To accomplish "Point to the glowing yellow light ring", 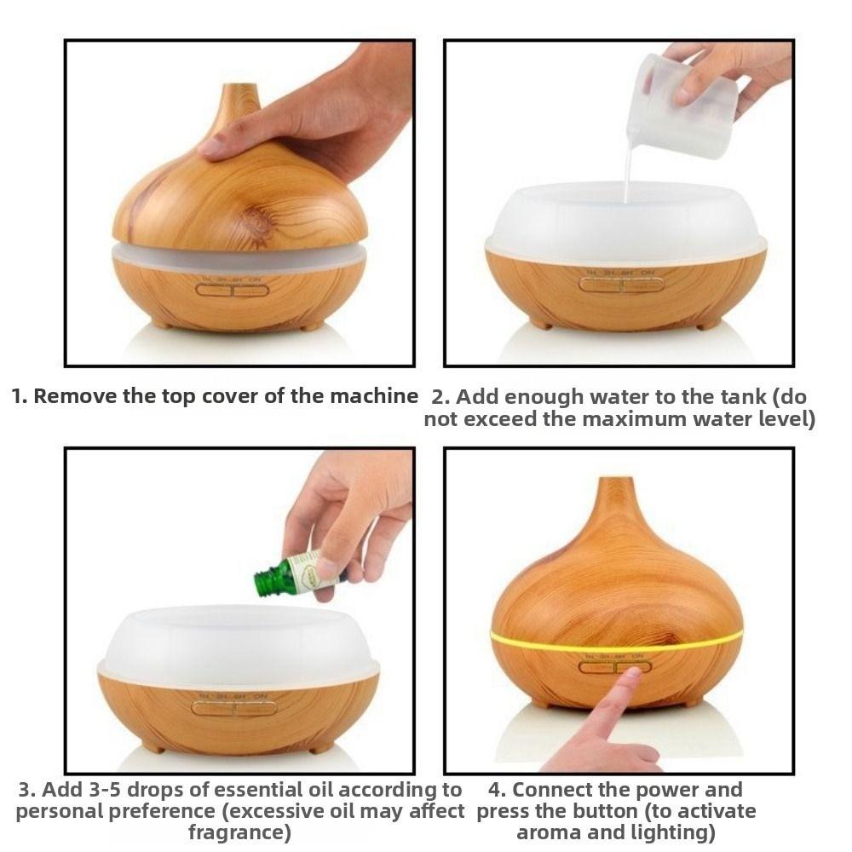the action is point(616,642).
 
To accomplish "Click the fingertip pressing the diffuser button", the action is point(631,674).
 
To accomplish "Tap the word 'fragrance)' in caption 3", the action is point(239,832).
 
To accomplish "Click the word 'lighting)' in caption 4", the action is point(668,832).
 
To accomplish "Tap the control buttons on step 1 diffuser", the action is point(233,290).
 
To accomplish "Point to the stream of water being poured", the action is point(628,169).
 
